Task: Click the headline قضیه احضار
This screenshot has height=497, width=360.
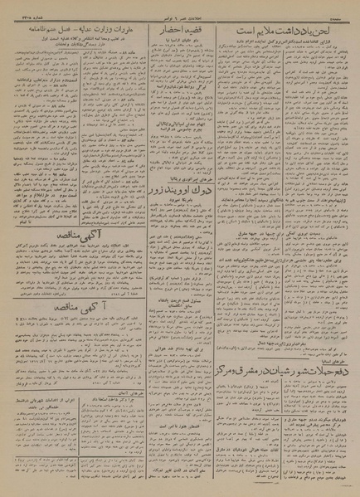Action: (x=176, y=34)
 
